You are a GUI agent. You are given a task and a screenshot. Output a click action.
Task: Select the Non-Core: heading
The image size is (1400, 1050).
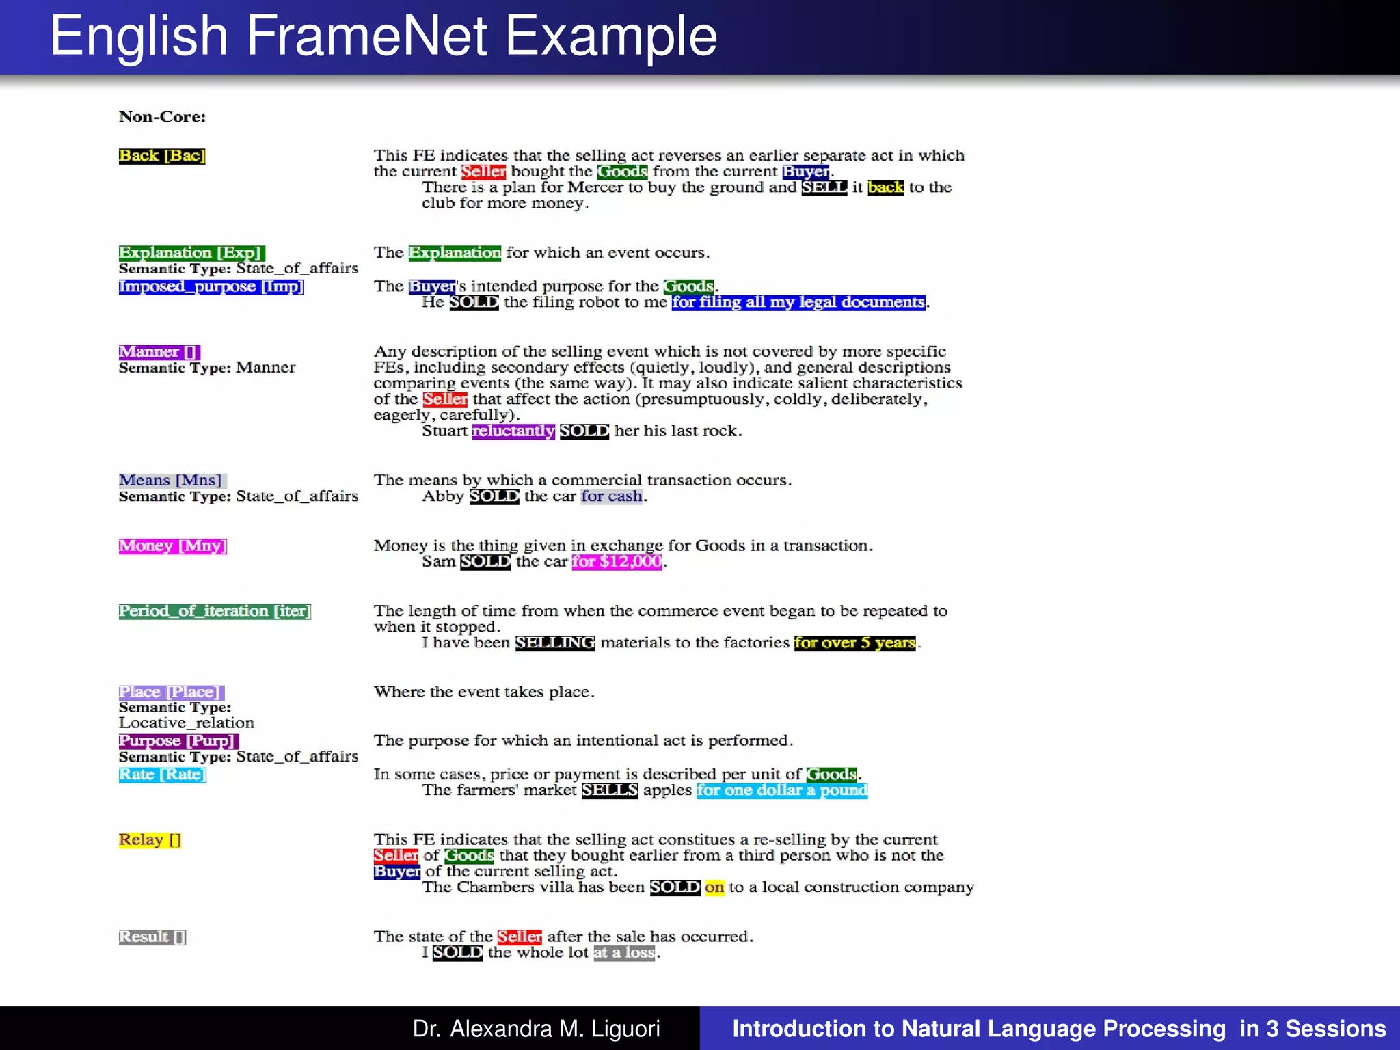(x=162, y=117)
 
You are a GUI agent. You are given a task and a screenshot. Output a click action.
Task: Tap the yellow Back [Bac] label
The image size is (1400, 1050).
(x=162, y=156)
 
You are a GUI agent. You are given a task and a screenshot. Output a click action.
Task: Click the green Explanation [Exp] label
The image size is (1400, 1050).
(x=191, y=253)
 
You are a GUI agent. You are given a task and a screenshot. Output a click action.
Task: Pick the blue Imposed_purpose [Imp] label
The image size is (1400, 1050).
(x=211, y=286)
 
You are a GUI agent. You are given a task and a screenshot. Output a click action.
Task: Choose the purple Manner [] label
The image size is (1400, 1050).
(x=159, y=352)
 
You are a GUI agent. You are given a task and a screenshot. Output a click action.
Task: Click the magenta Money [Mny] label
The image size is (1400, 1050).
(x=172, y=546)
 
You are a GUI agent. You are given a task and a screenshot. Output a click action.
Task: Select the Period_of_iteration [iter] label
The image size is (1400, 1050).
(x=215, y=611)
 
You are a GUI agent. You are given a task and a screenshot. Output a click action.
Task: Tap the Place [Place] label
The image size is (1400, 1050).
(x=171, y=692)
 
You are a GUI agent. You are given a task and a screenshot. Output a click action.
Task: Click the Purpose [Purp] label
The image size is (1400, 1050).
(x=178, y=741)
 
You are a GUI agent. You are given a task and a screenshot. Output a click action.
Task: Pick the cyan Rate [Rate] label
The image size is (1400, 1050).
(x=162, y=775)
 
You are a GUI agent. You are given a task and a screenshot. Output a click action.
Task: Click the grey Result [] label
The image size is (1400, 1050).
(x=152, y=937)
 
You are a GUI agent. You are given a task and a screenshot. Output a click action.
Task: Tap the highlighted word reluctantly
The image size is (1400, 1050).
(x=513, y=431)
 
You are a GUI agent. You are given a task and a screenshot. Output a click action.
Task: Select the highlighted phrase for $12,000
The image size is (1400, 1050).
(x=617, y=562)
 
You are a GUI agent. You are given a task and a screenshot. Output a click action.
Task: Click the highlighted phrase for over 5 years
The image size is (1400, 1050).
(x=854, y=643)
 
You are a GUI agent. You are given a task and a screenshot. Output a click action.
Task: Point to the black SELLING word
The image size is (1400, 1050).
(x=555, y=643)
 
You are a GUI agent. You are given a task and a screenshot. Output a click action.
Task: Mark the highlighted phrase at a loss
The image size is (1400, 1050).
(x=624, y=953)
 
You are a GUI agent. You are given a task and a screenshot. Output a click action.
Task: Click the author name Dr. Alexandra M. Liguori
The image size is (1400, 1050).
(x=536, y=1029)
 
